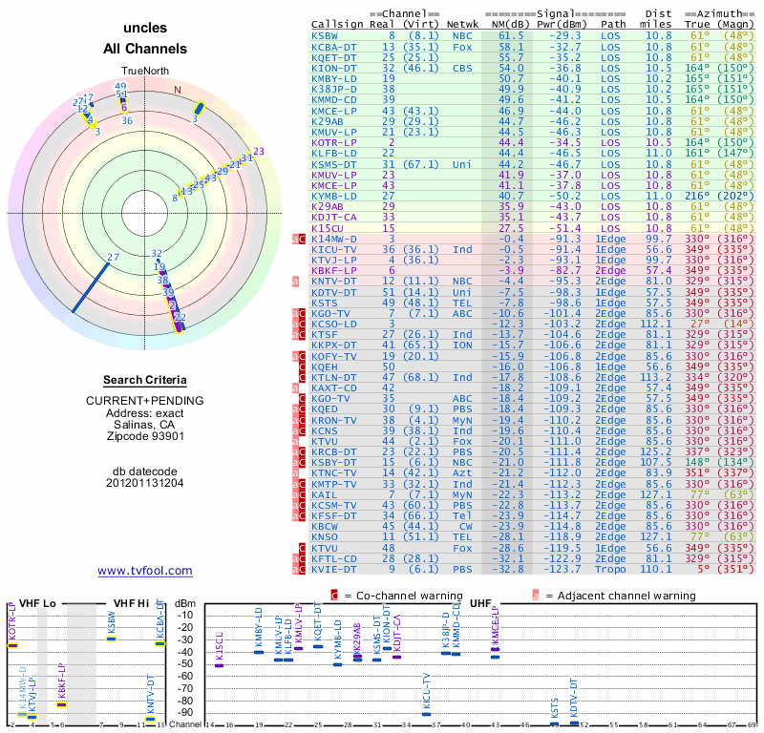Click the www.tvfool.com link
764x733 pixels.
pos(145,571)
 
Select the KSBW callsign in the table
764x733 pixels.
pos(325,35)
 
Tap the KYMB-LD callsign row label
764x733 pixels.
pos(332,195)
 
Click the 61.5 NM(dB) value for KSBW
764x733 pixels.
pos(510,35)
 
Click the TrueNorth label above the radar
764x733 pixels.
pos(144,72)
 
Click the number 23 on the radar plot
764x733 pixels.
pos(258,151)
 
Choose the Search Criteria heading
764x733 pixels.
pos(145,380)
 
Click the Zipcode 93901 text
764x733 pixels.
pos(145,436)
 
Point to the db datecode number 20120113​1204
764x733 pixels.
pos(145,482)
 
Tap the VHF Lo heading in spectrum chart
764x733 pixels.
pos(38,602)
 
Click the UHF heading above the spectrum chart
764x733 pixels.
pos(480,602)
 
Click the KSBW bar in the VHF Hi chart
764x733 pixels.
pos(112,639)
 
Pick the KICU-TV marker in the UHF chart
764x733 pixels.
pos(427,714)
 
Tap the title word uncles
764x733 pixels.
pos(144,29)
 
